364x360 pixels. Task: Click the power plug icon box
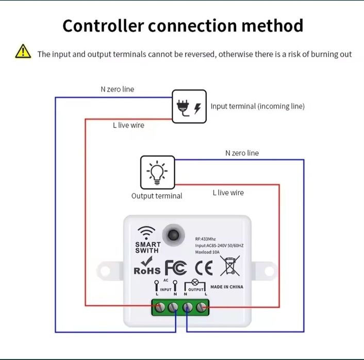click(189, 106)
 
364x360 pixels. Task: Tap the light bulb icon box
click(158, 172)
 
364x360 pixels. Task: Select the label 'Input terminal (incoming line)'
click(257, 106)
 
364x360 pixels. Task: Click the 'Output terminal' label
click(157, 196)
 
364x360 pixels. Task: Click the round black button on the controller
click(172, 234)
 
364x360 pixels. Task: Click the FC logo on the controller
click(176, 268)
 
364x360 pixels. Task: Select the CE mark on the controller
click(204, 268)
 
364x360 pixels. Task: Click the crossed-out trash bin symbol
click(230, 266)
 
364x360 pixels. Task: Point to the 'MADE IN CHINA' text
click(227, 287)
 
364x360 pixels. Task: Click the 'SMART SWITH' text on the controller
click(147, 247)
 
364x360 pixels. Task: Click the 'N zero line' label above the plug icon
click(117, 89)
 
